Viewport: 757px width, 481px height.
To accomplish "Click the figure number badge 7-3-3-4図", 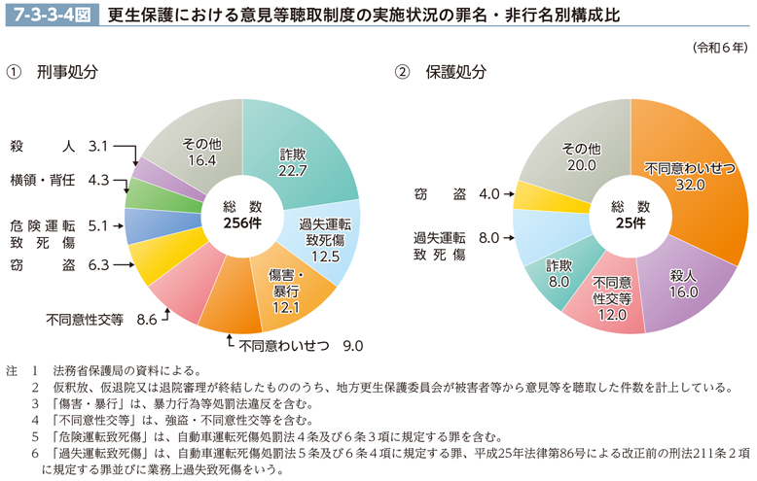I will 48,16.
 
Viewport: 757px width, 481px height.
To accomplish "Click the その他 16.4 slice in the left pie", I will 199,152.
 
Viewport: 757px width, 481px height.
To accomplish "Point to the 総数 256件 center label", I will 242,215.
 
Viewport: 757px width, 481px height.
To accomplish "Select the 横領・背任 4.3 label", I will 57,180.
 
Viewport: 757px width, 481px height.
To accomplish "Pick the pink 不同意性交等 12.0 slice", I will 613,295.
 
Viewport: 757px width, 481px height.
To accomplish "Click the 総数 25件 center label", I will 631,215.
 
